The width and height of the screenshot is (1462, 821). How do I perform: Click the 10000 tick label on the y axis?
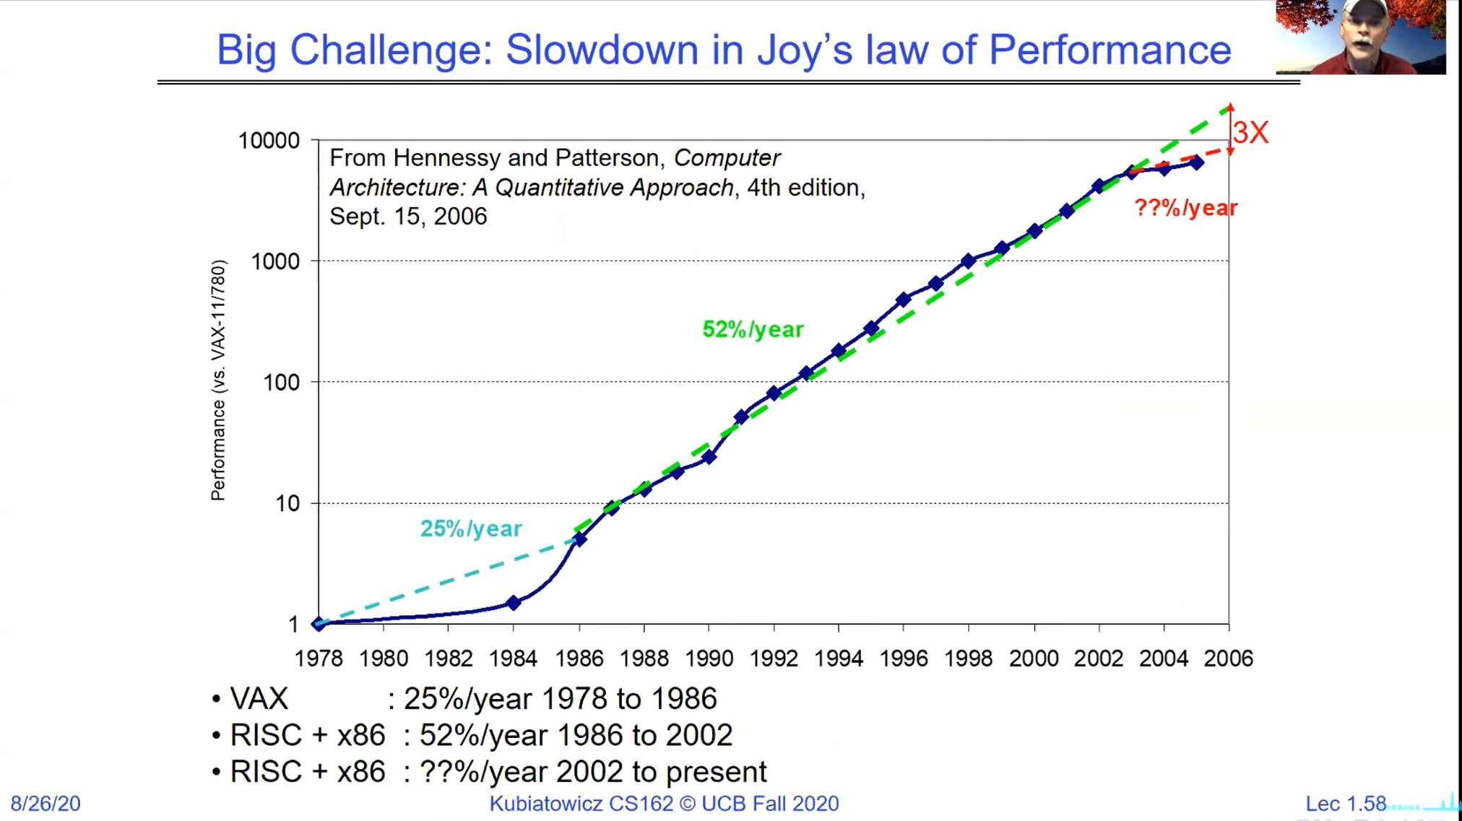coord(269,140)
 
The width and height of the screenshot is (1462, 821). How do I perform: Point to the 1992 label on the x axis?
coord(774,659)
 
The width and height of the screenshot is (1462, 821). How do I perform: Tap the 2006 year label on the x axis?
coord(1228,659)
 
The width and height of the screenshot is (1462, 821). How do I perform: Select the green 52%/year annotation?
coord(753,330)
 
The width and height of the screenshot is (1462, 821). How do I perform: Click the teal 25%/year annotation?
coord(471,529)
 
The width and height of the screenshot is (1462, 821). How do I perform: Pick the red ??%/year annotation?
coord(1185,208)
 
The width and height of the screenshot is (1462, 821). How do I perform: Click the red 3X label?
coord(1250,133)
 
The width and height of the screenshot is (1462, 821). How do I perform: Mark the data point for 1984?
coord(514,602)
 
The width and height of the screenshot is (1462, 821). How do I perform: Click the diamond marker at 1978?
coord(319,624)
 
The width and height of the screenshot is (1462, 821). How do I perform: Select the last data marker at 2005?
coord(1197,162)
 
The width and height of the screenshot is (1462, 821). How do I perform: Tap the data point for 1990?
coord(709,456)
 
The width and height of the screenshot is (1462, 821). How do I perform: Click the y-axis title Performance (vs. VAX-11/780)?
coord(218,381)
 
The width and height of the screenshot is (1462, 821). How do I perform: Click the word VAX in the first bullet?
coord(259,699)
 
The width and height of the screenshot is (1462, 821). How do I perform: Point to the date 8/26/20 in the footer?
coord(46,804)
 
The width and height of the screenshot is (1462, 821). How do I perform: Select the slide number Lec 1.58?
coord(1345,804)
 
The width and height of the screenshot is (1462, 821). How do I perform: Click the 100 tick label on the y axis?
coord(281,383)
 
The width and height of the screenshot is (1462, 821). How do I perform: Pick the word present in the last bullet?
coord(716,772)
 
